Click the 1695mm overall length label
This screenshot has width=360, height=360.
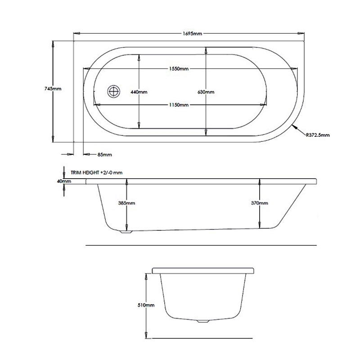coord(193,34)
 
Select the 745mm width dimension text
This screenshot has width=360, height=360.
coord(53,89)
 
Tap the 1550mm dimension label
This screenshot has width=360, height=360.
coord(179,69)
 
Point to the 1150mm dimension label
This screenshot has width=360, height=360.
coord(179,105)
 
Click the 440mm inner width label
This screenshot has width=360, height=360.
coord(139,92)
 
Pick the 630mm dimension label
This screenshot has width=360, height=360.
coord(206,92)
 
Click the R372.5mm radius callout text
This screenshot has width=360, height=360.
coord(318,135)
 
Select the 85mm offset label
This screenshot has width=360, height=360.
coord(105,155)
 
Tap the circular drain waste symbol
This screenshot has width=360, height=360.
coord(114,91)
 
